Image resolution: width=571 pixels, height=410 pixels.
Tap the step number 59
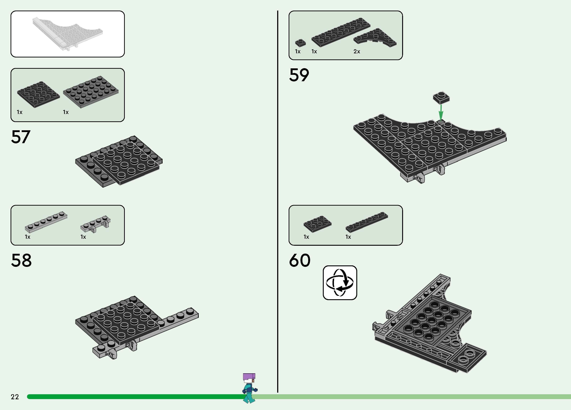click(x=299, y=75)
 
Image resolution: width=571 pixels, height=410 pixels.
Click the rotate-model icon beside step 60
click(x=340, y=283)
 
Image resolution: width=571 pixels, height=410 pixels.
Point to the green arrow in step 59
click(x=441, y=113)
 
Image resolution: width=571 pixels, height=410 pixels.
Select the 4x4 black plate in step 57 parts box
click(x=38, y=94)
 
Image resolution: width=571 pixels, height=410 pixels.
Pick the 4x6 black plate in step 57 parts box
click(x=91, y=92)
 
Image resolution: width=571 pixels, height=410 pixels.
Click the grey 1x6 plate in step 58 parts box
click(x=46, y=222)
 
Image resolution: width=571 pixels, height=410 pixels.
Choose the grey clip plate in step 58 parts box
click(x=96, y=224)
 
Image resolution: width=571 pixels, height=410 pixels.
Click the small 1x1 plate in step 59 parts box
click(x=300, y=43)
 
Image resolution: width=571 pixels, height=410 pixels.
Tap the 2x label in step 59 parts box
click(x=356, y=52)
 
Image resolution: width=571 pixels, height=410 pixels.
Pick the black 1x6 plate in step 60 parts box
click(x=367, y=222)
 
